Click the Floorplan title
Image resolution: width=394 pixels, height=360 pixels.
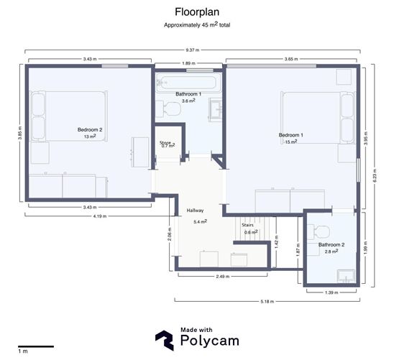tap(197, 12)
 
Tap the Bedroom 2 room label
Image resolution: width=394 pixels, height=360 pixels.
tap(90, 129)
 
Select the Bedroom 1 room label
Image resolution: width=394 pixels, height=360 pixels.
tap(291, 135)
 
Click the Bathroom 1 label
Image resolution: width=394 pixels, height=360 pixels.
tap(188, 94)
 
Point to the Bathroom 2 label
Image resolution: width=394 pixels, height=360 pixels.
tap(331, 244)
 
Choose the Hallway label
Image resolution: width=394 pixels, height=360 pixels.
tap(195, 211)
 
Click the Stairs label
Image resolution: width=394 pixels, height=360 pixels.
tap(248, 225)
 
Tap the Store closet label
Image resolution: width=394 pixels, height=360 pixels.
tap(166, 143)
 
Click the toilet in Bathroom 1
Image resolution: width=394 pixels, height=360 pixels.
tap(171, 109)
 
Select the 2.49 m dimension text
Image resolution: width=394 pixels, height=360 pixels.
tap(222, 276)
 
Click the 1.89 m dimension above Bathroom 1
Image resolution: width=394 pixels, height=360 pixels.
tap(188, 63)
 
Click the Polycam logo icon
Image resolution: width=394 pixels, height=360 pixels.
tap(165, 339)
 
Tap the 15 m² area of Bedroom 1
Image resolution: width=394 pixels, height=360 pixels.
tap(291, 142)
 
